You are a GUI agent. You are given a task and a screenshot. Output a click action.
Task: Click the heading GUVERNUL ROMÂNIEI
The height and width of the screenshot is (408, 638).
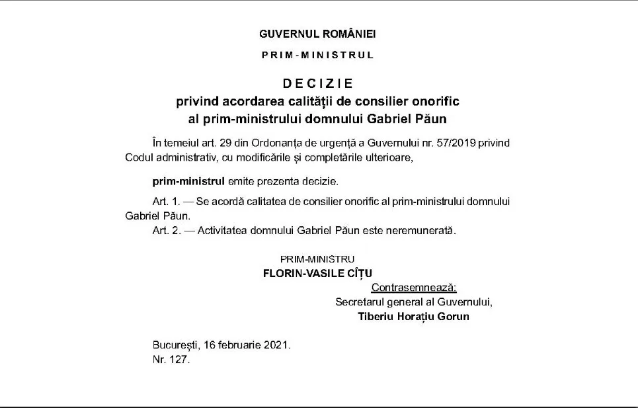318,33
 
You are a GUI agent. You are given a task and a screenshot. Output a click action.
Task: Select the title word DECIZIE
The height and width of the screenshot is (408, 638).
318,84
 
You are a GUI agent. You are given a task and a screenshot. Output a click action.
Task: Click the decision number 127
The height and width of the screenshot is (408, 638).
179,360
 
